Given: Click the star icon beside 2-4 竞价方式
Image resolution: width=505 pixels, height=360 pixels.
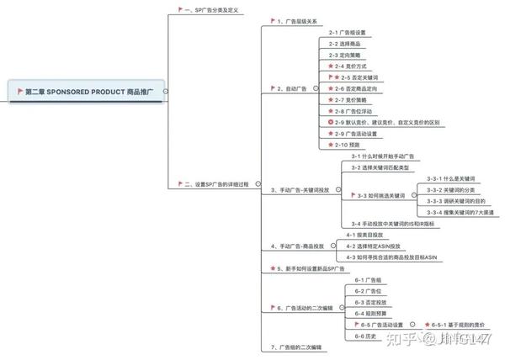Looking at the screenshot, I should (332, 66).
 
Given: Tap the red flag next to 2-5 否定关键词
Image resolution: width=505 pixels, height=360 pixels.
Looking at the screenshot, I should (331, 77).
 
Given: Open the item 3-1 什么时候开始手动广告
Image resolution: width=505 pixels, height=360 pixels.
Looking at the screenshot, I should (382, 156).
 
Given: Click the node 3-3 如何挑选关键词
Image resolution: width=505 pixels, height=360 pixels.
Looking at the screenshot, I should (383, 195).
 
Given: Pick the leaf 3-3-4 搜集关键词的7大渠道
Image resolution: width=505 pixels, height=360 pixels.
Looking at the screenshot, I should (463, 211).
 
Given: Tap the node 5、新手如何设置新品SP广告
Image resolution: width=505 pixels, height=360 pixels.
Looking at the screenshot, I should (311, 268).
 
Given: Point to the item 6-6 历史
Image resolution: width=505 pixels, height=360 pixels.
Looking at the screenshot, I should (364, 335).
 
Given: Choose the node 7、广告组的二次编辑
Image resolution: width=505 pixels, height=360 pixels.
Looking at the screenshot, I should (298, 347).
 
